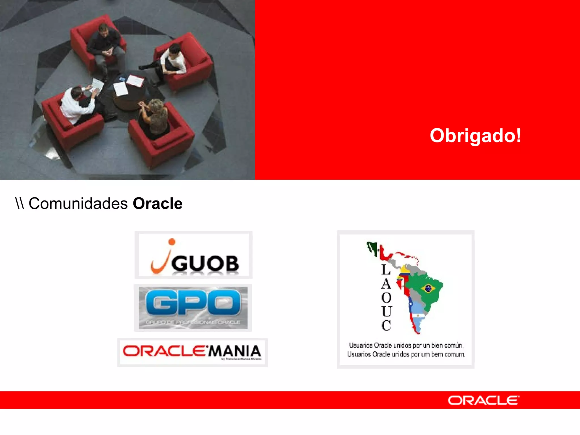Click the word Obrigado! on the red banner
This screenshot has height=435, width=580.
tap(475, 136)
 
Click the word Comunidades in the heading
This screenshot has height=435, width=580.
tap(78, 204)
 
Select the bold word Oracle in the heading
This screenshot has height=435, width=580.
tap(157, 204)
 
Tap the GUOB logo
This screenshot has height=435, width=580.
tap(193, 255)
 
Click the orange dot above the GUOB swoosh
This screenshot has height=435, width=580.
tap(172, 242)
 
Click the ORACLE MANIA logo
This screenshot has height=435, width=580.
tap(192, 352)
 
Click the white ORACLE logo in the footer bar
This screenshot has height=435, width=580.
tap(483, 400)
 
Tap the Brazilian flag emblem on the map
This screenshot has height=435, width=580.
tap(428, 289)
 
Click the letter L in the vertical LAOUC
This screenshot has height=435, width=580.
tap(386, 270)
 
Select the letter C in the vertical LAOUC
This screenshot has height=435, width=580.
tap(386, 325)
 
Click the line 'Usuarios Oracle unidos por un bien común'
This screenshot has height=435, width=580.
tap(406, 345)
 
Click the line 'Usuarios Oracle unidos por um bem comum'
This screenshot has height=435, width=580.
tap(406, 354)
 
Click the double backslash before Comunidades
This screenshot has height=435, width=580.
tap(20, 204)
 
